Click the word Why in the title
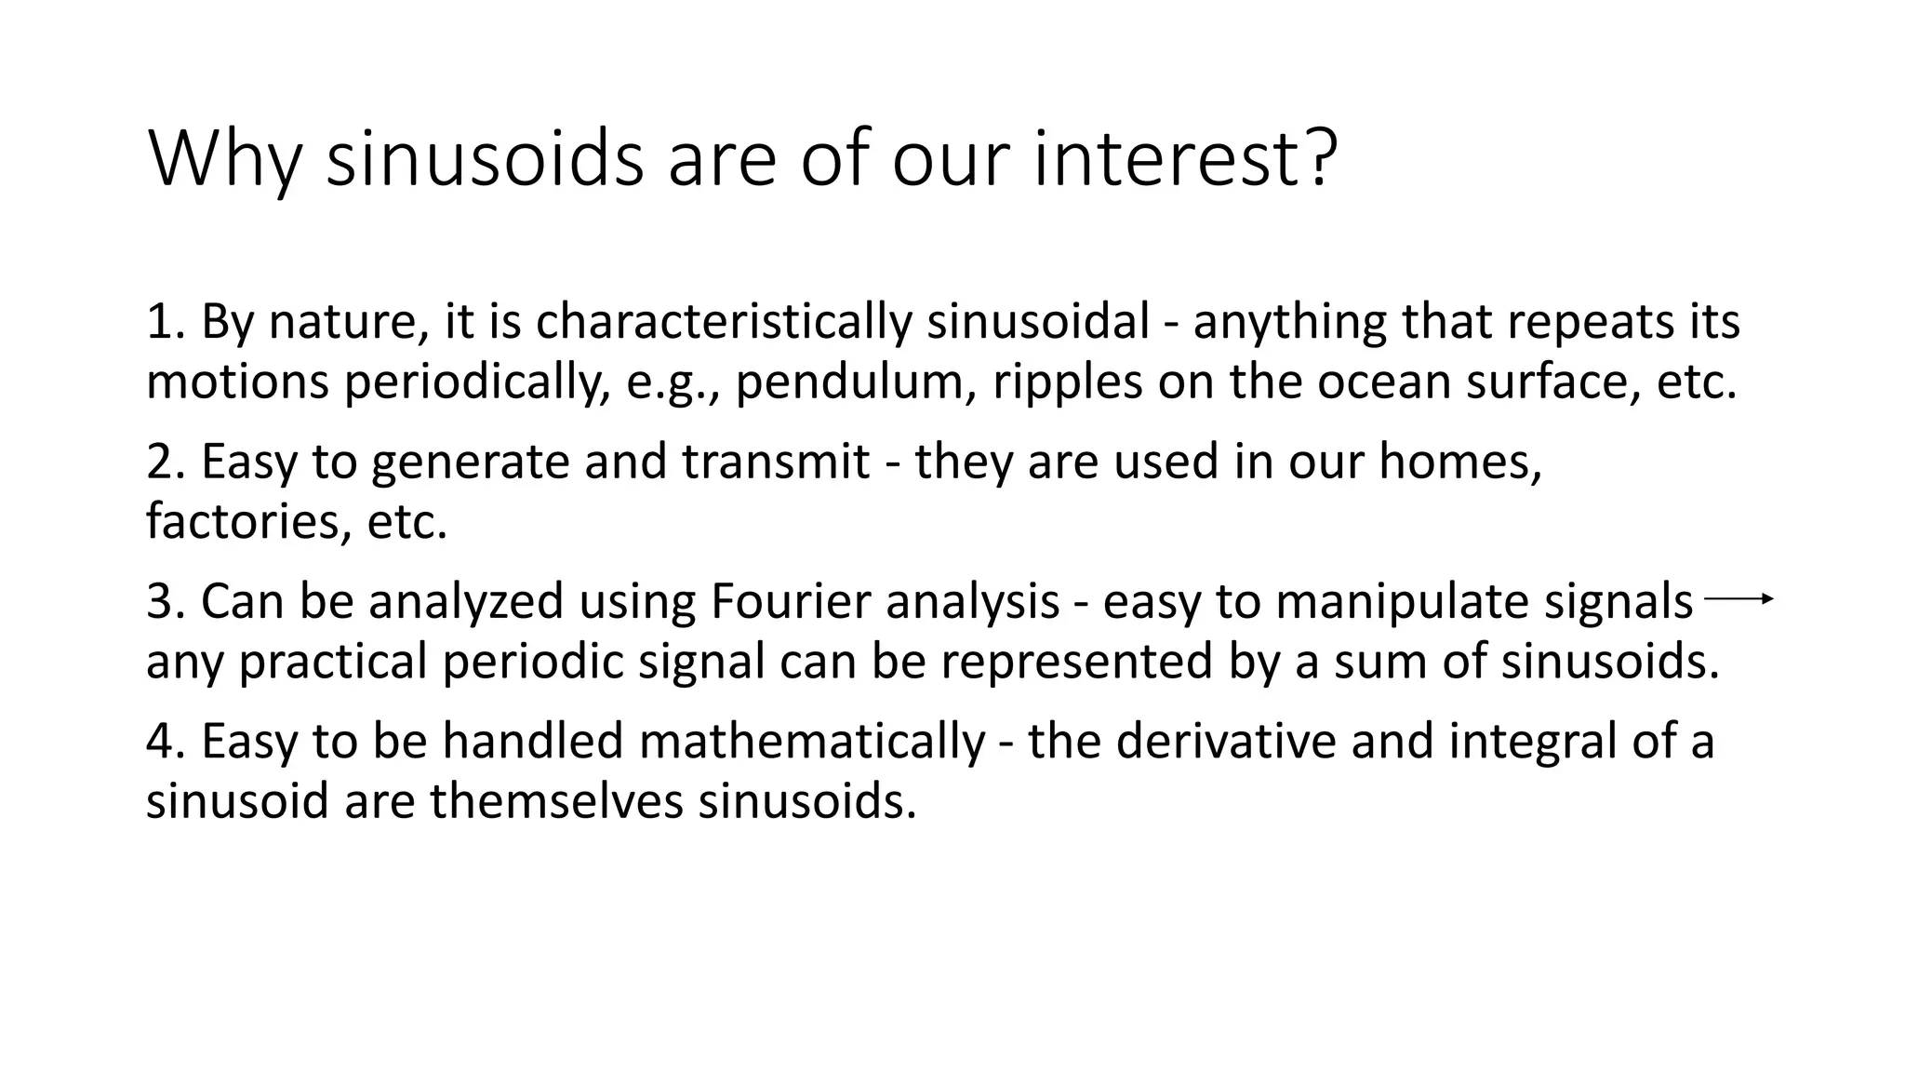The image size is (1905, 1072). click(x=224, y=160)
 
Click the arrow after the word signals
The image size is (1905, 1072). click(x=1738, y=600)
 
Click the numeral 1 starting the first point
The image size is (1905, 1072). click(x=160, y=323)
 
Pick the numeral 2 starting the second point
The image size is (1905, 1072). click(x=161, y=462)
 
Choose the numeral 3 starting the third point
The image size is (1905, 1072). click(x=161, y=602)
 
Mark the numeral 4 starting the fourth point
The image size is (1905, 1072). click(x=161, y=742)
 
